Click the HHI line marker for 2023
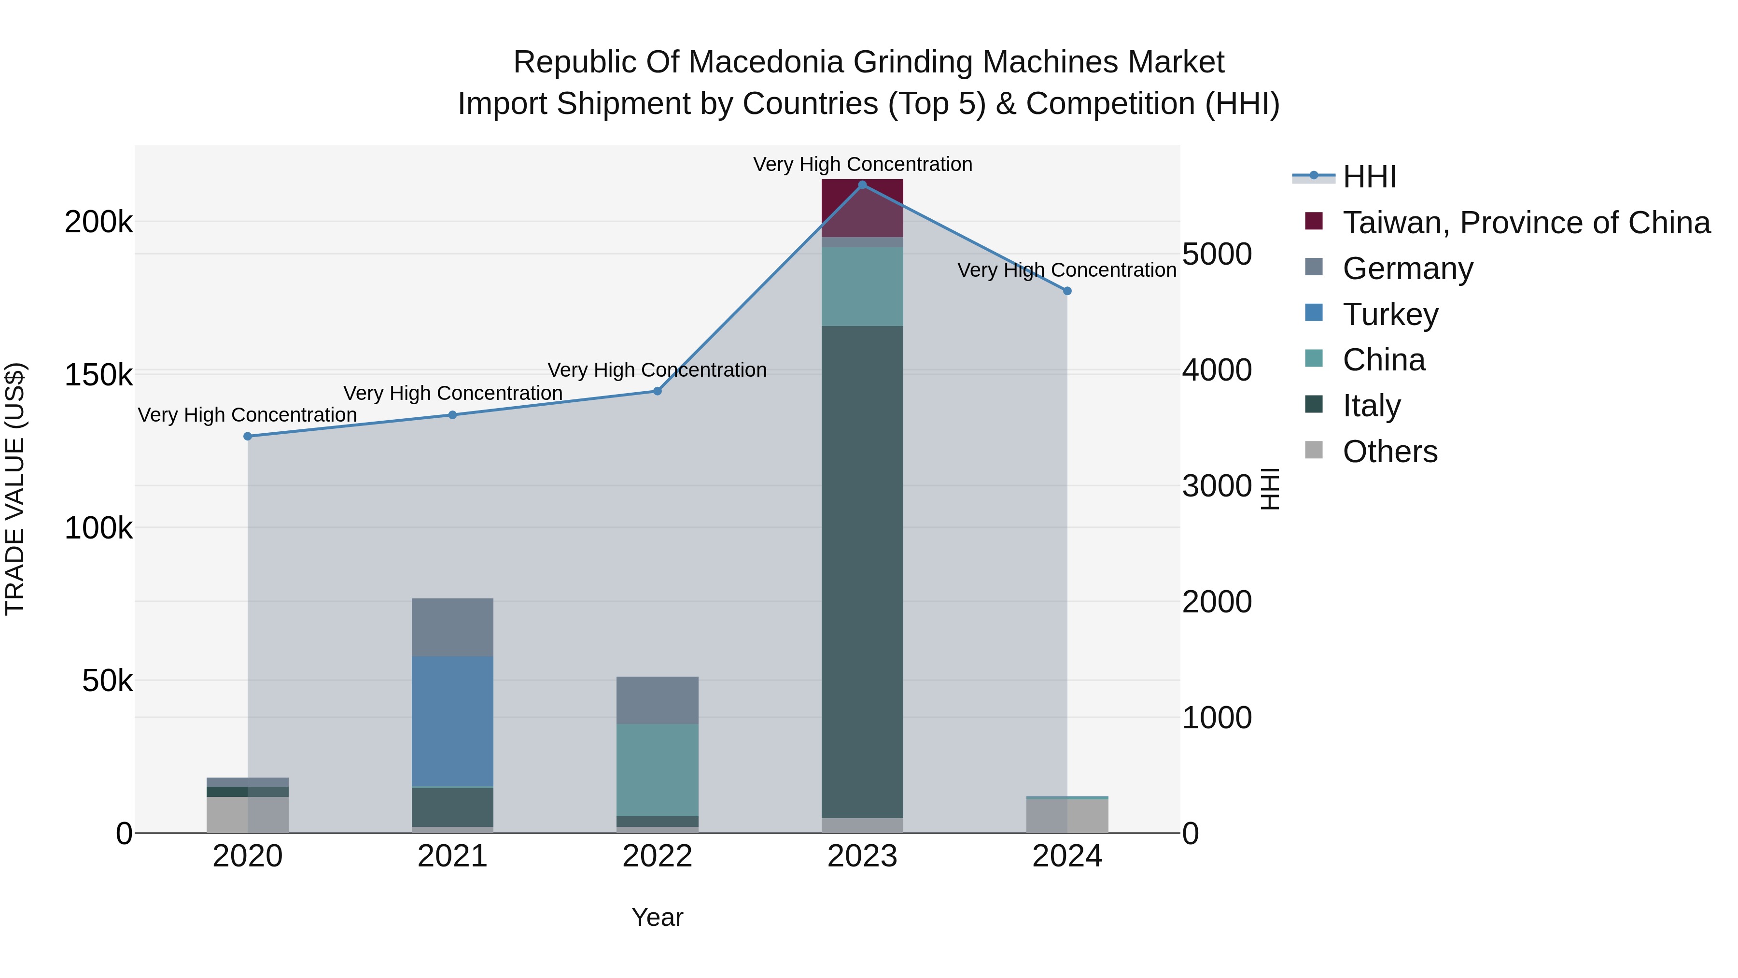point(862,184)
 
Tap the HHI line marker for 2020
point(248,436)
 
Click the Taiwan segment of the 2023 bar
point(862,208)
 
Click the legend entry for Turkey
point(1390,314)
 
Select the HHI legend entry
point(1369,177)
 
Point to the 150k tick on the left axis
point(98,375)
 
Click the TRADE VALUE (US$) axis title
point(15,489)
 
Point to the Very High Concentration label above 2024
point(1066,270)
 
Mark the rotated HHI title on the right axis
point(1270,489)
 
